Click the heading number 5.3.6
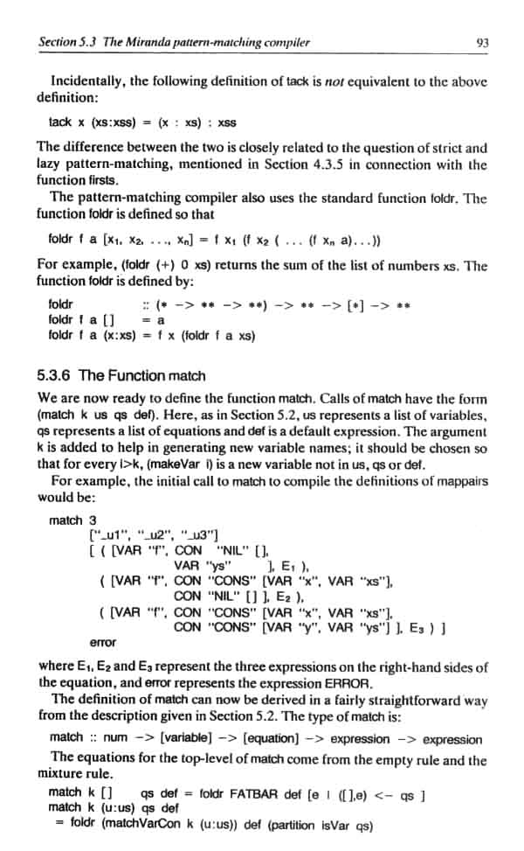click(54, 375)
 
